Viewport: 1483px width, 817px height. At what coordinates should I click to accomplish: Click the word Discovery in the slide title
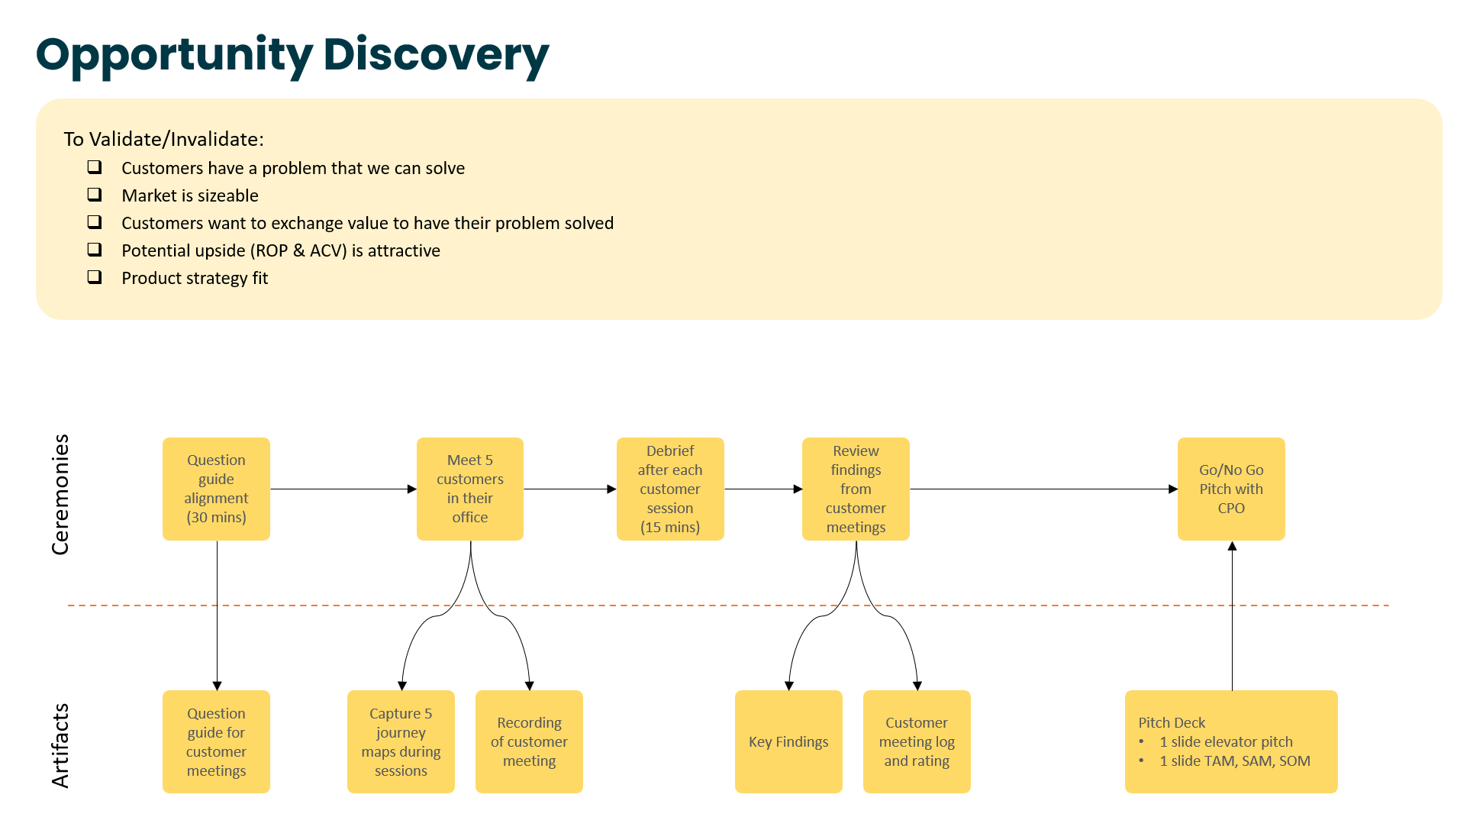[x=436, y=55]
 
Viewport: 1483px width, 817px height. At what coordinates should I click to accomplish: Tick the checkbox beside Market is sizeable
[x=95, y=195]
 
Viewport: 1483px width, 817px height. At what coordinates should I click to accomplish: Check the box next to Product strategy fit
[x=95, y=277]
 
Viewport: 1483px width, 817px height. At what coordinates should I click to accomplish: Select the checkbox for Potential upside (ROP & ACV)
[x=95, y=250]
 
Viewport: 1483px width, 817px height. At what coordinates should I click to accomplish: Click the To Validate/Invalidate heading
[x=163, y=139]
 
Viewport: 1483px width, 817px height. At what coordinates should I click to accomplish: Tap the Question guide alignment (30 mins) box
[x=216, y=489]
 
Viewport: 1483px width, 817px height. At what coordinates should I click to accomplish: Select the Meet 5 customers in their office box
[x=470, y=489]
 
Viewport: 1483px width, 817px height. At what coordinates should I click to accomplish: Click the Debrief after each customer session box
[x=670, y=489]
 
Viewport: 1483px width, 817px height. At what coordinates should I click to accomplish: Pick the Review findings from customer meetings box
[x=856, y=489]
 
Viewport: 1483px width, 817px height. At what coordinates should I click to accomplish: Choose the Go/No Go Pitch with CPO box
[x=1231, y=489]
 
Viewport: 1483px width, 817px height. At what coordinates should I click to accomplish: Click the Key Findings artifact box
[x=788, y=741]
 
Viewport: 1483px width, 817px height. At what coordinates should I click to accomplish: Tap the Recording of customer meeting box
[x=529, y=741]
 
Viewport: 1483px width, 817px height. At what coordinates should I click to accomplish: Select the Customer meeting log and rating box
[x=917, y=741]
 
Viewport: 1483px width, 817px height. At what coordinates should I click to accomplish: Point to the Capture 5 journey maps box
[x=401, y=741]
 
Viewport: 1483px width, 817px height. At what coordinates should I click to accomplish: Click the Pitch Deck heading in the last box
[x=1172, y=722]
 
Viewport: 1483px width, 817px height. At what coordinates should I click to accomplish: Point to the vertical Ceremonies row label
[x=60, y=495]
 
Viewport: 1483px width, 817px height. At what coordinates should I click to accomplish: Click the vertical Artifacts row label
[x=60, y=745]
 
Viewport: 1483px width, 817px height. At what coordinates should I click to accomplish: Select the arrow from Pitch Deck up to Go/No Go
[x=1232, y=615]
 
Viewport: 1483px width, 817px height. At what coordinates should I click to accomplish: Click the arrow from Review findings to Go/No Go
[x=1043, y=489]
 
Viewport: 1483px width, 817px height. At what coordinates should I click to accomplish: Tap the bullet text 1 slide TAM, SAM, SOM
[x=1235, y=760]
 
